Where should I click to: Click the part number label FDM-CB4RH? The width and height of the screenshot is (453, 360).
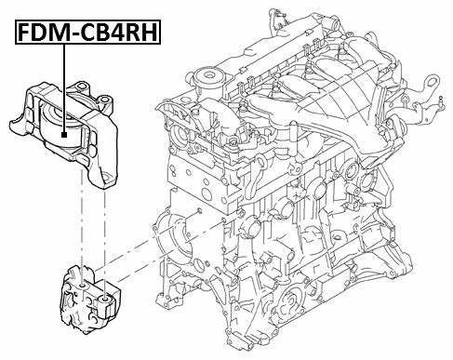pos(86,34)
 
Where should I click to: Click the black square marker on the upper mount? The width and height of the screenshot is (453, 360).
pos(63,136)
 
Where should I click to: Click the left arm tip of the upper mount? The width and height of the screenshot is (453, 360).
pos(14,121)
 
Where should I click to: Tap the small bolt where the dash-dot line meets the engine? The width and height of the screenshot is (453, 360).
pos(198,211)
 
